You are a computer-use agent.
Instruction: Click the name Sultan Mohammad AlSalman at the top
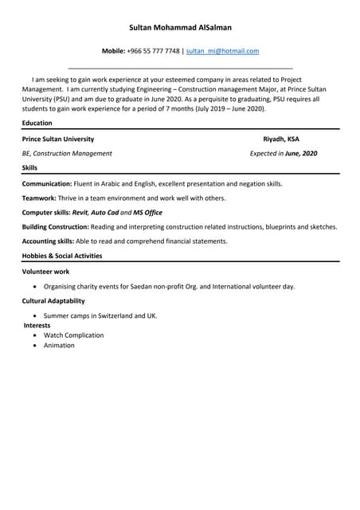pyautogui.click(x=180, y=27)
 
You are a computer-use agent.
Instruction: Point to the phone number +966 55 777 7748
pyautogui.click(x=153, y=51)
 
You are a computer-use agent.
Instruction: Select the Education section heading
pyautogui.click(x=37, y=124)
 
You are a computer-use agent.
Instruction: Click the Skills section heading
pyautogui.click(x=29, y=168)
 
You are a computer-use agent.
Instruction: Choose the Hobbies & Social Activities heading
pyautogui.click(x=62, y=256)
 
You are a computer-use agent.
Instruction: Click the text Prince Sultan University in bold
pyautogui.click(x=58, y=139)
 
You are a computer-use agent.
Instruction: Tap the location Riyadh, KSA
pyautogui.click(x=281, y=139)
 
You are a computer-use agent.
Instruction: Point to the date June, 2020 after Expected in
pyautogui.click(x=301, y=153)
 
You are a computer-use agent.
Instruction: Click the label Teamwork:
pyautogui.click(x=39, y=198)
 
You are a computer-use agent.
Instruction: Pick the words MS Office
pyautogui.click(x=147, y=212)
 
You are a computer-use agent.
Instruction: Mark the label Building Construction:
pyautogui.click(x=56, y=226)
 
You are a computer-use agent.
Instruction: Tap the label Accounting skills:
pyautogui.click(x=48, y=241)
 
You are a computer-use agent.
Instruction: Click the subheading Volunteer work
pyautogui.click(x=45, y=272)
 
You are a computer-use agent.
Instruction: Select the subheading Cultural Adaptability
pyautogui.click(x=53, y=301)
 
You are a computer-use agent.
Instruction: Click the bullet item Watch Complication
pyautogui.click(x=73, y=335)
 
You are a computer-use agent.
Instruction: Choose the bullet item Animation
pyautogui.click(x=59, y=346)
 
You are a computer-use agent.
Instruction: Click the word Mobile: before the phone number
pyautogui.click(x=114, y=51)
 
